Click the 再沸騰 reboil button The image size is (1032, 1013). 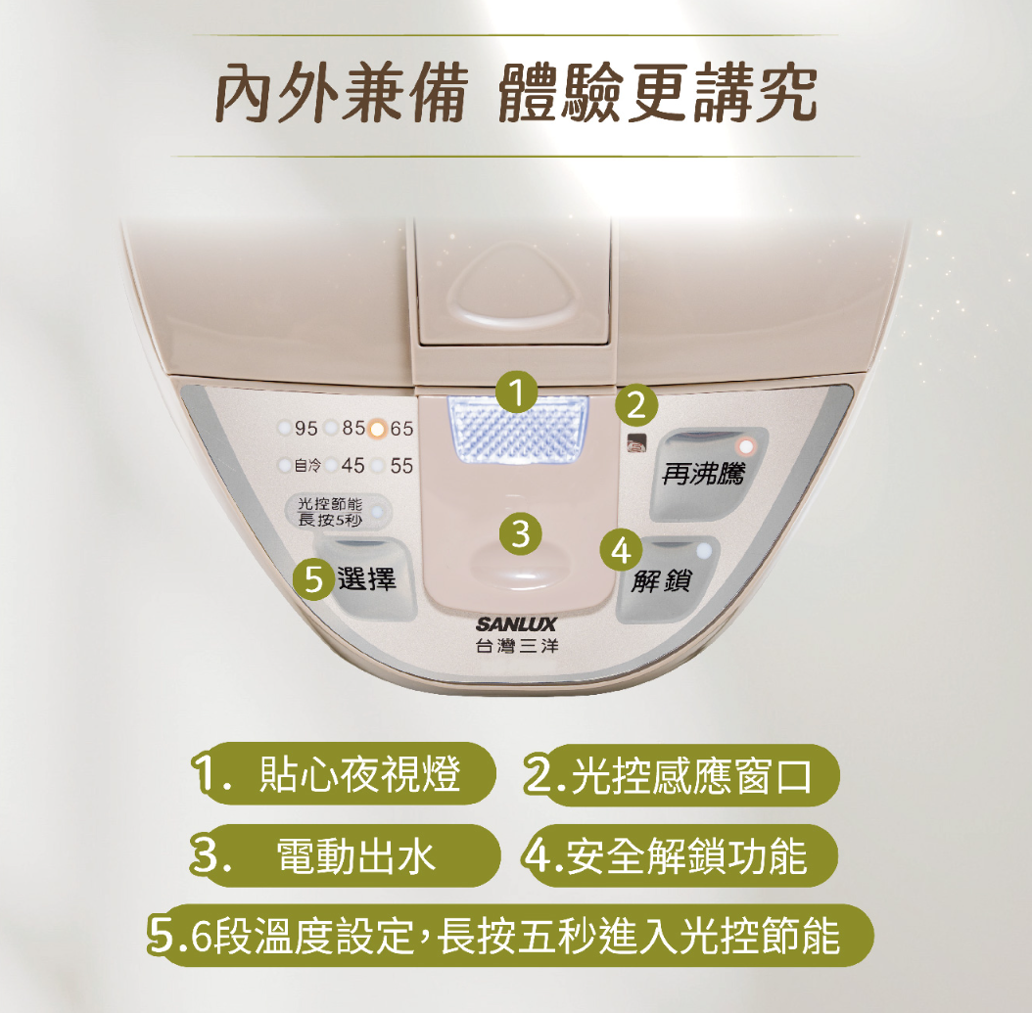coord(708,475)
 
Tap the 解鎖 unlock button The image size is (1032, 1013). coord(666,578)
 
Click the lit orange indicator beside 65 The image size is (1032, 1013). coord(378,429)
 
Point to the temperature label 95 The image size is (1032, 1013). coord(306,429)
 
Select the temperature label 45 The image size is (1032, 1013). coord(352,466)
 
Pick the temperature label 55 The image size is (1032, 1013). coord(401,466)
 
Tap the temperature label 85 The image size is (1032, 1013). coord(354,429)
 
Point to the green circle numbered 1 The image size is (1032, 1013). coord(517,392)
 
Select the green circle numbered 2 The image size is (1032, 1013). coord(636,404)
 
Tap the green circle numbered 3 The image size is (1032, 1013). coord(521,532)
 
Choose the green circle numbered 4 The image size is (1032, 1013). coord(622,550)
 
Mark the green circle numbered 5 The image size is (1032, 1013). coord(314,579)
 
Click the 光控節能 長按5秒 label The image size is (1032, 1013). coord(330,512)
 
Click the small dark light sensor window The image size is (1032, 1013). coord(636,442)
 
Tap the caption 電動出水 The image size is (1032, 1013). coord(356,855)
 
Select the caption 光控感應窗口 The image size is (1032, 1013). coord(691,775)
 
